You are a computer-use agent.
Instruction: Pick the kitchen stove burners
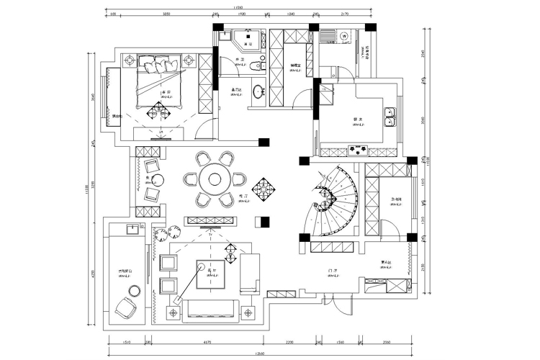(357, 150)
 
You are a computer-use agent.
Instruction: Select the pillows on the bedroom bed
(161, 66)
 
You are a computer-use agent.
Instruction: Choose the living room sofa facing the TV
(210, 309)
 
